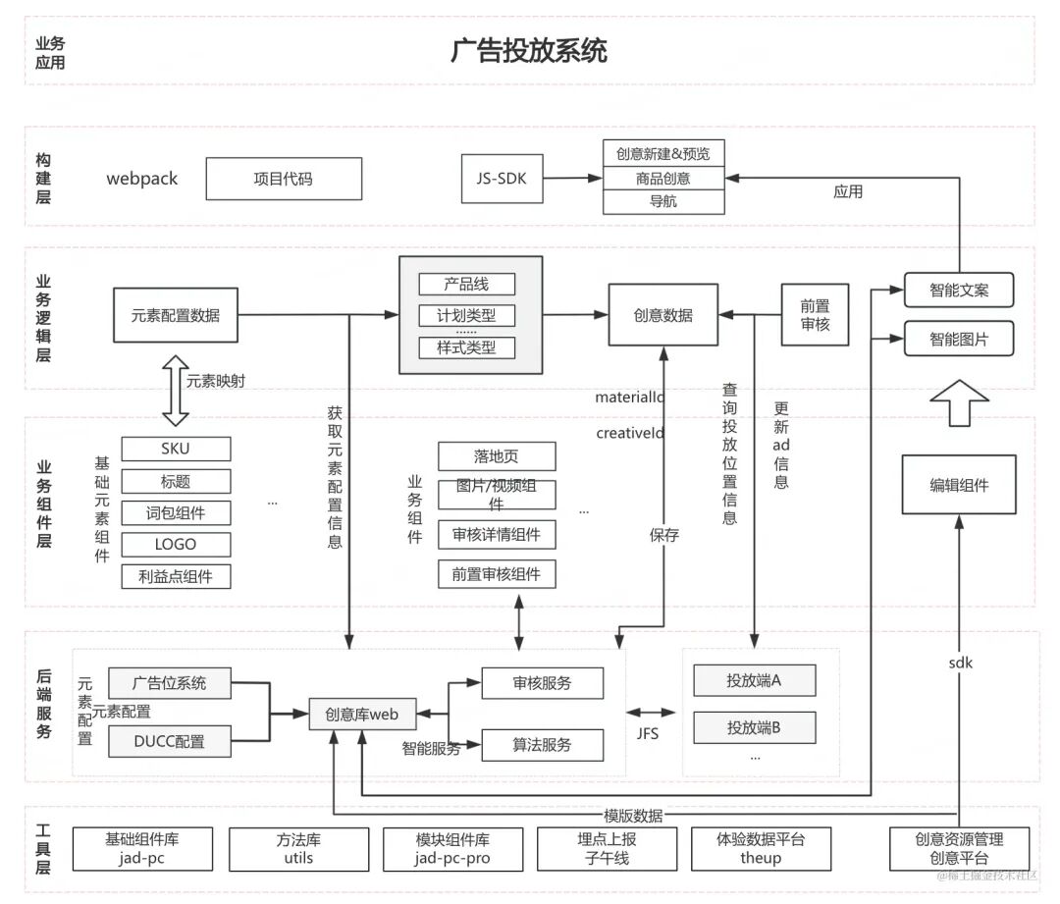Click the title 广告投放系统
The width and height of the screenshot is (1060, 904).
click(x=529, y=51)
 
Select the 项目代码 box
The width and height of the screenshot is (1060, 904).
click(x=283, y=179)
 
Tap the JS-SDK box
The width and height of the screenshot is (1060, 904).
click(x=502, y=179)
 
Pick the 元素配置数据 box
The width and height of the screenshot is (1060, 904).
click(x=176, y=315)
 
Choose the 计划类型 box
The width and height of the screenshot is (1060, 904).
click(x=466, y=315)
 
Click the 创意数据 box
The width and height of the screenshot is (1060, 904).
click(x=662, y=315)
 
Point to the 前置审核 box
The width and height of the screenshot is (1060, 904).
click(x=815, y=315)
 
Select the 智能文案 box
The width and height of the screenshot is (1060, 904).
click(x=958, y=290)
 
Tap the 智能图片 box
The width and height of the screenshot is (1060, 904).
click(x=958, y=339)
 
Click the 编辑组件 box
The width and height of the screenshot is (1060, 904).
click(x=959, y=485)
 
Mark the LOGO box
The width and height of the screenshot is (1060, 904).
click(x=176, y=544)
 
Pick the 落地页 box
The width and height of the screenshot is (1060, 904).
click(x=496, y=456)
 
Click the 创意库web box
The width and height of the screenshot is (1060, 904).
click(x=361, y=715)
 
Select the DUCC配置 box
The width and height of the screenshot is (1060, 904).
click(x=169, y=741)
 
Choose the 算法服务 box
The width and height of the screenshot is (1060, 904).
click(x=541, y=745)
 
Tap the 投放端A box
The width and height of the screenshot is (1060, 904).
click(x=754, y=680)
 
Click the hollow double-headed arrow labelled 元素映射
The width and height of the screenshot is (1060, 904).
click(x=175, y=391)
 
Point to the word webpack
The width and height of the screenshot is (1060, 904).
click(x=142, y=179)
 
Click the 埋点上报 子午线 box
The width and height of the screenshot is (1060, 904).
click(x=607, y=849)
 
